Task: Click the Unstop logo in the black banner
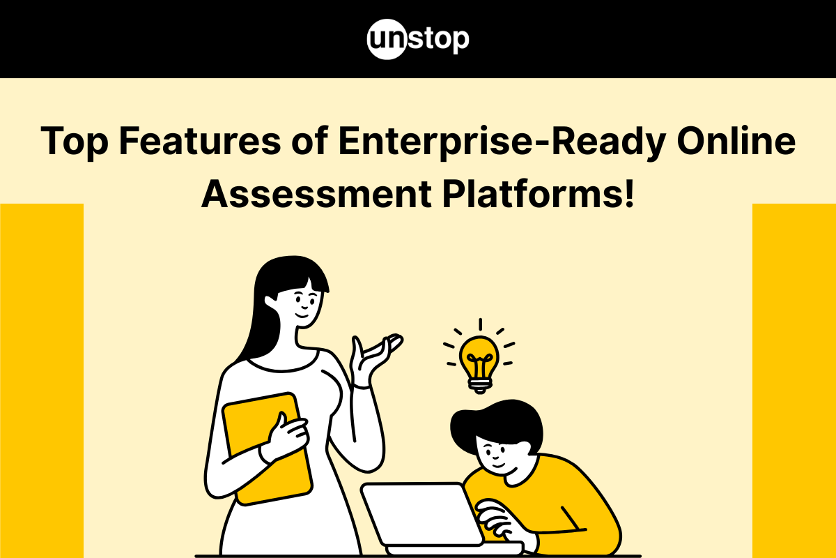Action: tap(418, 39)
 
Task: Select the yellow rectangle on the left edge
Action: tap(42, 380)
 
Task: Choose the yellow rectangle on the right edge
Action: tap(794, 380)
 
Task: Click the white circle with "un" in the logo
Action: tap(385, 40)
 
